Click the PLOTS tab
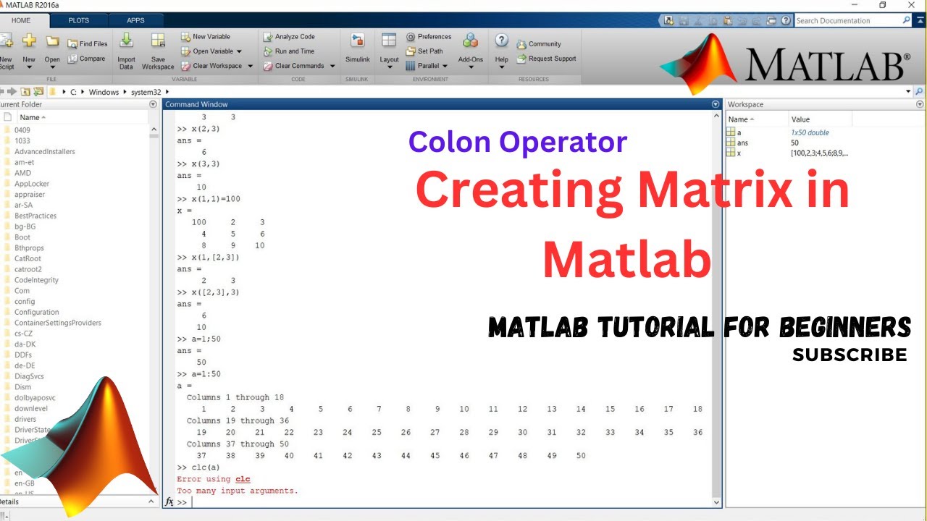coord(78,20)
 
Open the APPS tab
coord(135,20)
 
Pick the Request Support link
coord(547,59)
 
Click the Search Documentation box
coord(847,21)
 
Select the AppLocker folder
coord(31,184)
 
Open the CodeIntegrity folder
coord(36,280)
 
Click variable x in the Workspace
coord(739,153)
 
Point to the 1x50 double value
coord(810,132)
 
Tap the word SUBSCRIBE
coord(850,355)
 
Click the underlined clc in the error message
coord(243,479)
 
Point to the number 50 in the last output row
coord(581,456)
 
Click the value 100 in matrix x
coord(198,222)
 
